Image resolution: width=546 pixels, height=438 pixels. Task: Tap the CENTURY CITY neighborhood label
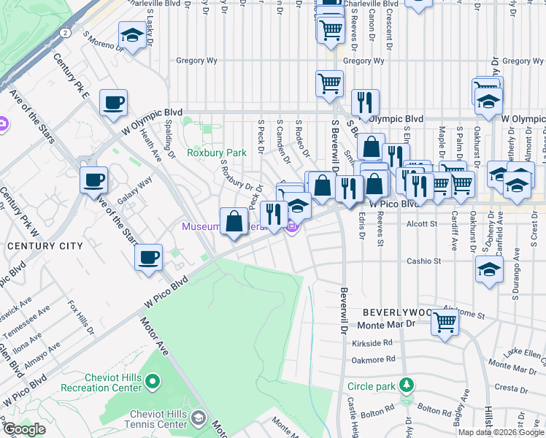pos(45,246)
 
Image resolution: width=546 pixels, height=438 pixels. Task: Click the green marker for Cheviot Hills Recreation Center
pos(153,380)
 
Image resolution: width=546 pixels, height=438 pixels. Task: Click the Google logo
pos(24,429)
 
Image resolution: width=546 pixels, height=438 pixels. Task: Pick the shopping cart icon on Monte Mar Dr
pos(445,321)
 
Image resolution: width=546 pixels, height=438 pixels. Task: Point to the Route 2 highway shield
pos(66,33)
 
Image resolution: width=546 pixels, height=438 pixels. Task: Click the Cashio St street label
pos(424,261)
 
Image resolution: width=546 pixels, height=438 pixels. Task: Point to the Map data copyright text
pos(501,432)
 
